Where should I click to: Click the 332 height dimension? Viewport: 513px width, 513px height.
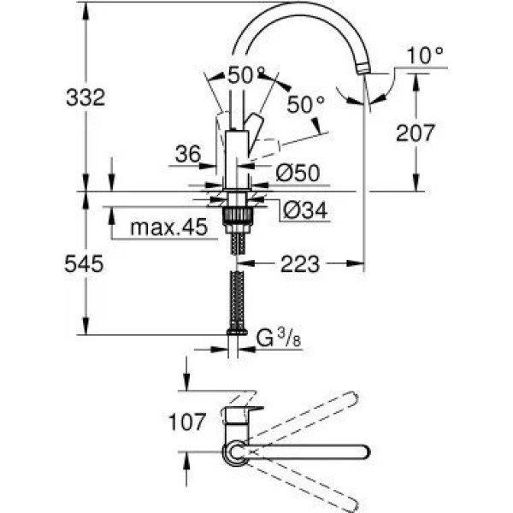tap(85, 97)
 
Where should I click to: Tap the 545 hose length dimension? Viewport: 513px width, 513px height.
tap(85, 265)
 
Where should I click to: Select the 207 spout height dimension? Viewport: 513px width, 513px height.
tap(416, 133)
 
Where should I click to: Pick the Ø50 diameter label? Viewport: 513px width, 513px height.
tap(297, 174)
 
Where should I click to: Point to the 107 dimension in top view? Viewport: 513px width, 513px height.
tap(187, 422)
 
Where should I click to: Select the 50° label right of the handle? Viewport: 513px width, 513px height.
tap(305, 104)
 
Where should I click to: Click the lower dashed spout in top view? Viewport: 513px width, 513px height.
tap(308, 484)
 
